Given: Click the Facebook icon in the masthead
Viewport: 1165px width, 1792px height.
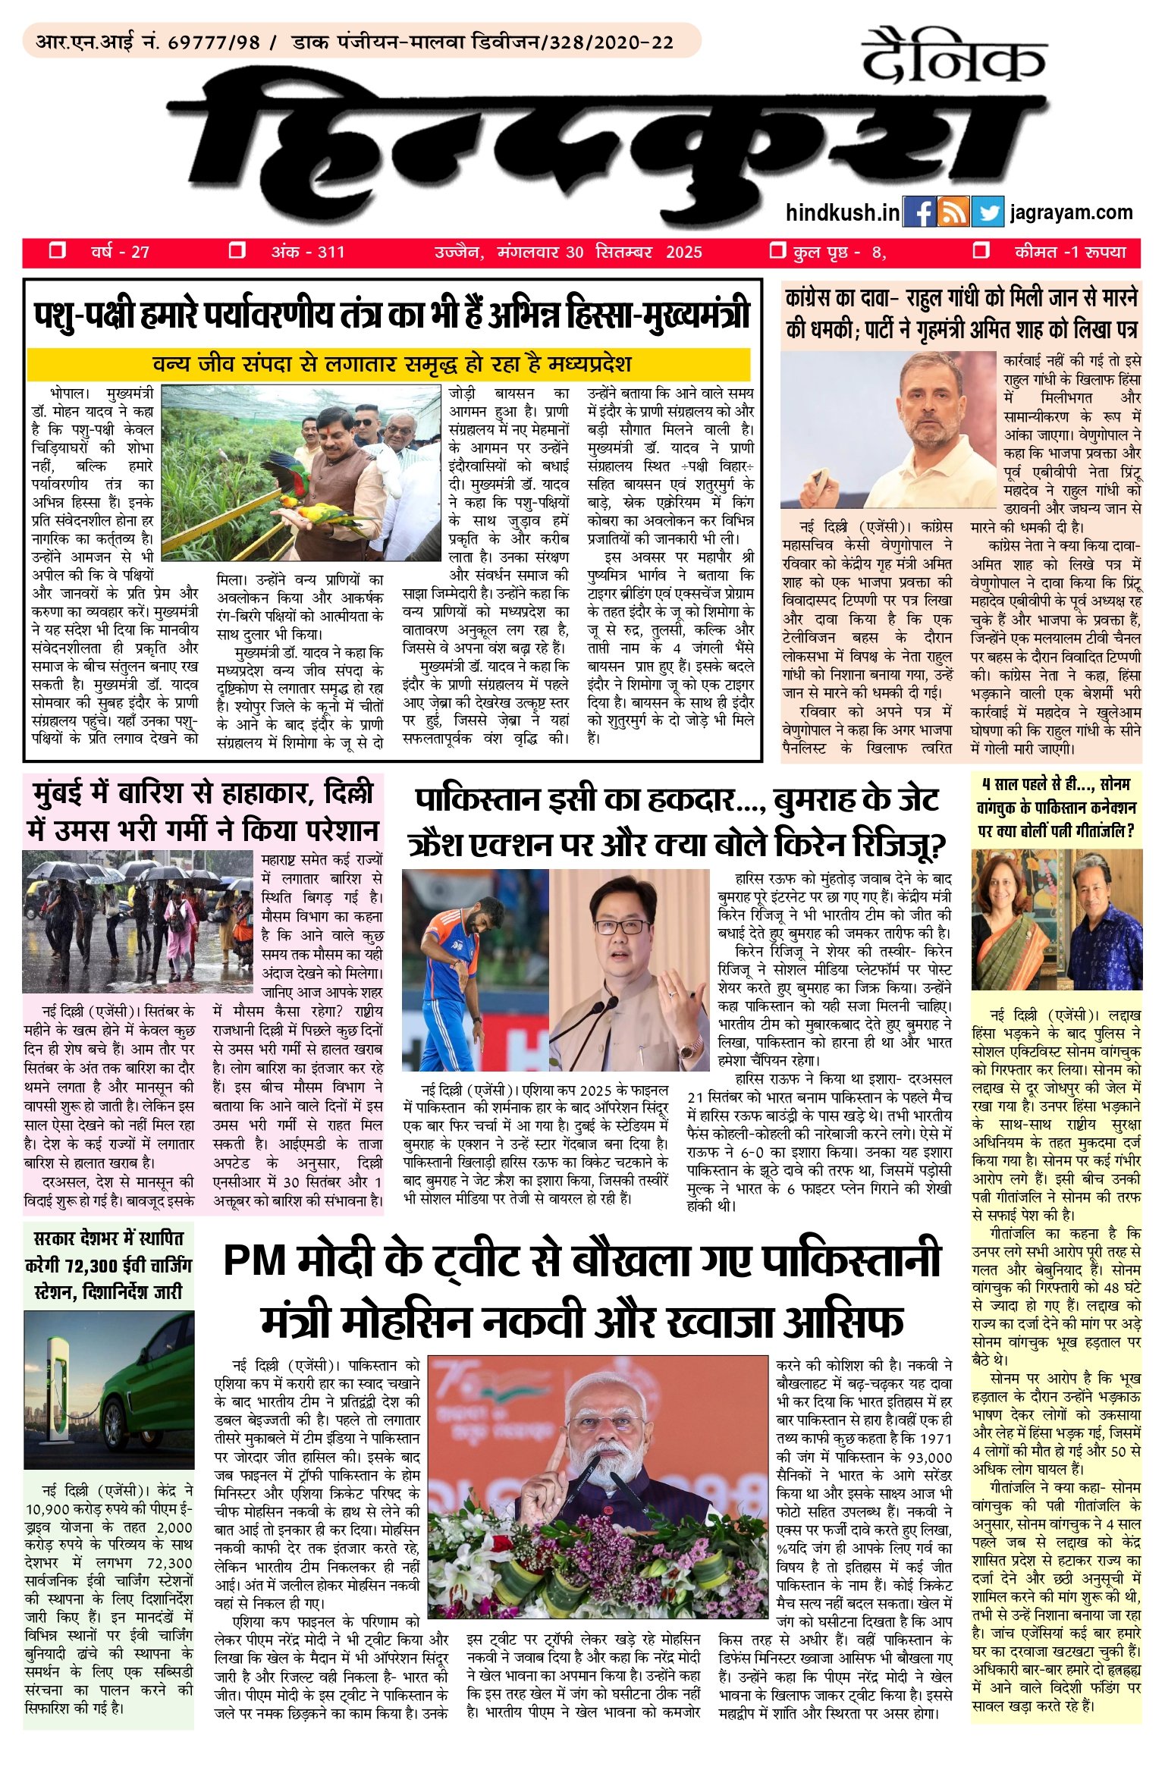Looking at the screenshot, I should tap(919, 213).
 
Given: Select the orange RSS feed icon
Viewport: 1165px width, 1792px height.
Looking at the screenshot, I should tap(953, 213).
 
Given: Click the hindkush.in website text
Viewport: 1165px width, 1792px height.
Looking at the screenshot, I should tap(843, 213).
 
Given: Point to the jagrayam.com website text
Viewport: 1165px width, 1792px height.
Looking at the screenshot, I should tap(1071, 213).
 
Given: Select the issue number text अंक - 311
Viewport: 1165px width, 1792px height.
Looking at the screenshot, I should tap(308, 252).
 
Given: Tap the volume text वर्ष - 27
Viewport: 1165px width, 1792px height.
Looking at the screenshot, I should tap(120, 252).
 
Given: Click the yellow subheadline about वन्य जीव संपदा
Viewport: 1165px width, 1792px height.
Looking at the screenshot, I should tap(388, 365).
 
